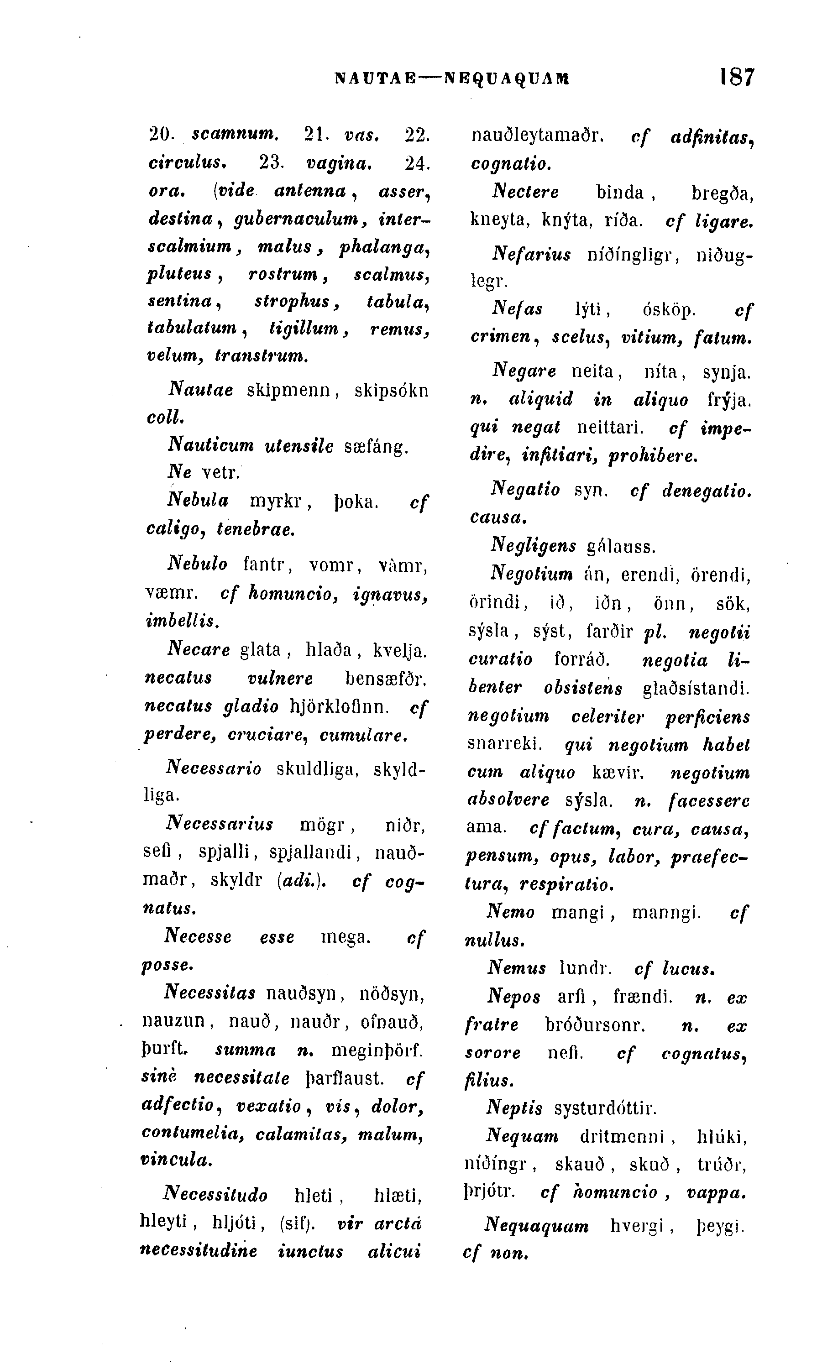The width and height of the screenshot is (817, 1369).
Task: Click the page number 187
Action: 737,78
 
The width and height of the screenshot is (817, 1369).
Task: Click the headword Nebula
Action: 198,501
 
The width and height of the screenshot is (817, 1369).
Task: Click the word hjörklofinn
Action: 339,706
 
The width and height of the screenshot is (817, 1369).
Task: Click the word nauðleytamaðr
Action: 537,136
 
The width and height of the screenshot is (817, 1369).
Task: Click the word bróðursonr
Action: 595,1025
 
